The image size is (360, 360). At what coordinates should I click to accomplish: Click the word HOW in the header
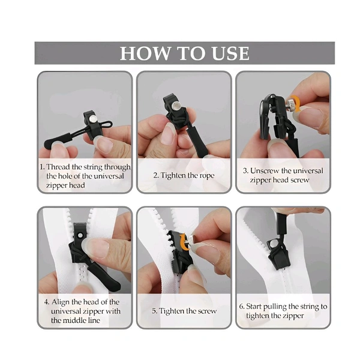click(x=144, y=53)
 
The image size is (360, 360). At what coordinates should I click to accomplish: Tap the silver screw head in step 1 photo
click(x=92, y=118)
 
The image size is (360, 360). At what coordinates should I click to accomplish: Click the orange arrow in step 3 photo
click(x=296, y=103)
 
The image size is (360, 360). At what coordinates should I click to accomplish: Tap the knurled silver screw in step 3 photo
click(x=290, y=104)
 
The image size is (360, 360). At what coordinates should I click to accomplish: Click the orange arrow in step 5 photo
click(x=184, y=242)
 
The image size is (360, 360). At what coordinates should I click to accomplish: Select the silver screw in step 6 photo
click(x=273, y=244)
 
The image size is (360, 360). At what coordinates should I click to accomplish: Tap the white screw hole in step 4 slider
click(x=80, y=235)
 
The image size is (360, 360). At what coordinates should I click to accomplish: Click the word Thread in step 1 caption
click(x=58, y=167)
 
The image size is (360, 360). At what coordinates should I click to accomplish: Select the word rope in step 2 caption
click(x=206, y=176)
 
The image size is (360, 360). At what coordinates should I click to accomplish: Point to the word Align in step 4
click(x=59, y=302)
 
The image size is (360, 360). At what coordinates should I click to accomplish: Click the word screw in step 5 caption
click(x=207, y=311)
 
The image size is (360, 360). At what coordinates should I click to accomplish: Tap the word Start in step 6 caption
click(x=254, y=306)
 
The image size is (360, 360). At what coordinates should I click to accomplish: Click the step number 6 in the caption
click(x=242, y=306)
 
